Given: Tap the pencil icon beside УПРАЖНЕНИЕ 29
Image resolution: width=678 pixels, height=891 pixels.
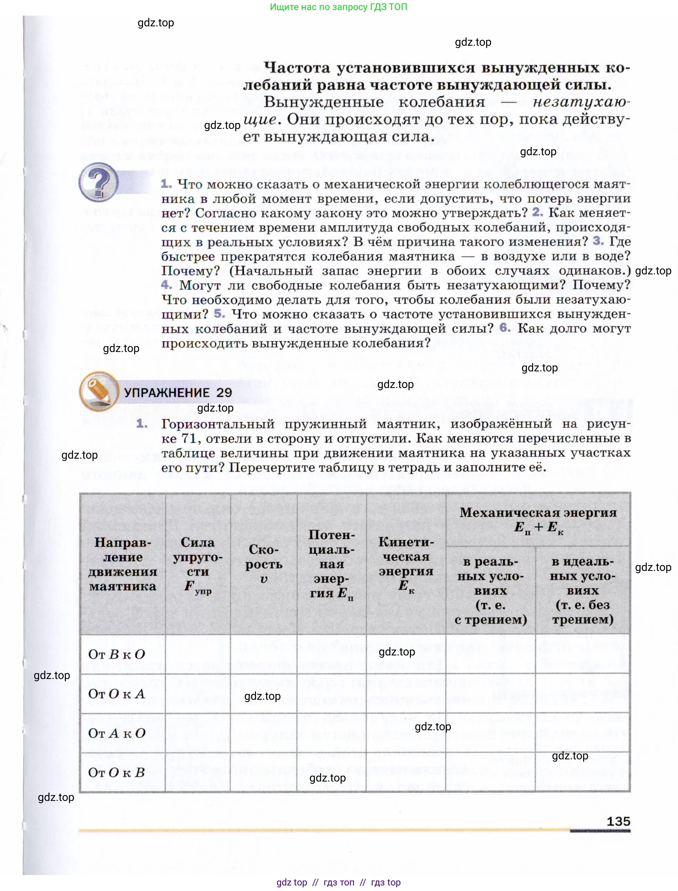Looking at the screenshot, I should (99, 391).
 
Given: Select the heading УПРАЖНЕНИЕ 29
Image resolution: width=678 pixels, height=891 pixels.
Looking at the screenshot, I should (178, 392).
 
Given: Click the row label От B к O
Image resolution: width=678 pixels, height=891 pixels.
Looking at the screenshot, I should (117, 654).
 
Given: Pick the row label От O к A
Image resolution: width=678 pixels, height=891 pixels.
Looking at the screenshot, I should (117, 694).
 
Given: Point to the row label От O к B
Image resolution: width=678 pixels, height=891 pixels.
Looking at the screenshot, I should (117, 773).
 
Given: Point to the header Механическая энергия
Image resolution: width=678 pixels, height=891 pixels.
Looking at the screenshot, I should (538, 520).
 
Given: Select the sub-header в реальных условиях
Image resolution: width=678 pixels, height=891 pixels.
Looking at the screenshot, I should (490, 590).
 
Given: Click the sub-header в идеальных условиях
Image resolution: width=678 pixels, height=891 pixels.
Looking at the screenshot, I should (582, 590).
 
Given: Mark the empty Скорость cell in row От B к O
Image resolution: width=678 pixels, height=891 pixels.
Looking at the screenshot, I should (264, 654).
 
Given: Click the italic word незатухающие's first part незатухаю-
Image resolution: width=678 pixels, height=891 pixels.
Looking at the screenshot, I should (581, 103).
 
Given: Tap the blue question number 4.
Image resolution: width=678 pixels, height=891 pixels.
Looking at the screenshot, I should (166, 284).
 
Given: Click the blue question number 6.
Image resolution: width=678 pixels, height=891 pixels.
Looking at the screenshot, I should (505, 328).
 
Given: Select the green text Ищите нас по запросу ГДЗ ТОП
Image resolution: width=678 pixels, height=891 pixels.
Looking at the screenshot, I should (338, 7).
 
